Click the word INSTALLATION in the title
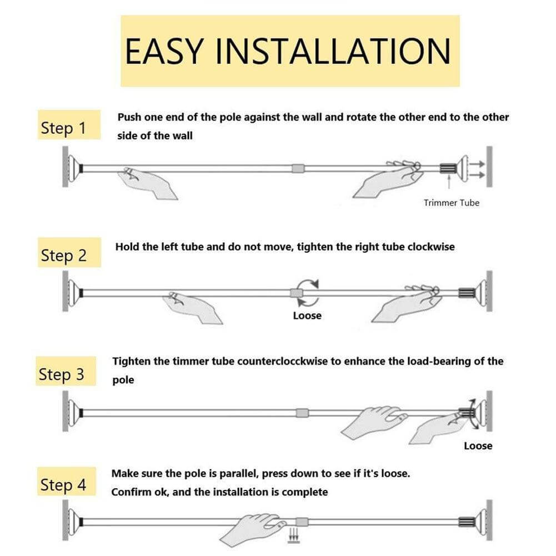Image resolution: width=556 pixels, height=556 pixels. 332,51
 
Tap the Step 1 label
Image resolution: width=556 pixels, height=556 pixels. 63,128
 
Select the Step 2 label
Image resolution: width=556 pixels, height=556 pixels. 63,256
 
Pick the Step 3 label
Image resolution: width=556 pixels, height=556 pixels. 62,374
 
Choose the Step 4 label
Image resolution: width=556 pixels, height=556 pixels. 63,485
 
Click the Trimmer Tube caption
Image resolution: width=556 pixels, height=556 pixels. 451,203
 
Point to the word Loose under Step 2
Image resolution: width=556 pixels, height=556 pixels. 307,315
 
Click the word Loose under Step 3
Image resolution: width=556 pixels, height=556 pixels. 478,445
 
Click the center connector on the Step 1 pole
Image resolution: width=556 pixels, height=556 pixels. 298,167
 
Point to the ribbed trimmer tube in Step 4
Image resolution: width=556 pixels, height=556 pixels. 467,522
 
